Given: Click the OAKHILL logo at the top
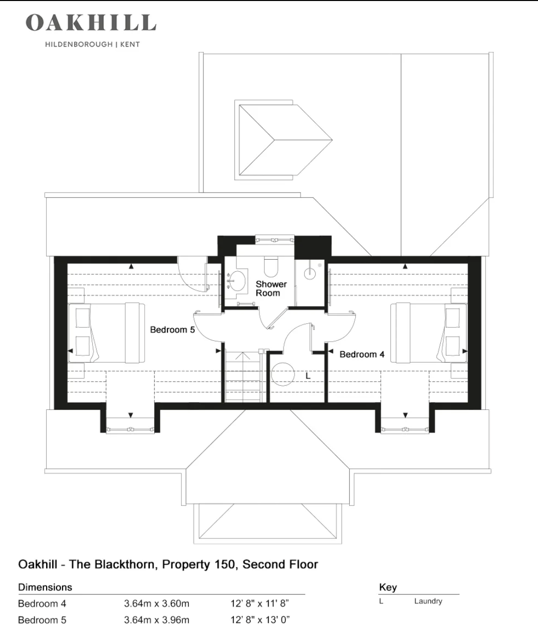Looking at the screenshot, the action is (x=91, y=23).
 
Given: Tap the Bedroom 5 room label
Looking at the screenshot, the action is (x=172, y=330).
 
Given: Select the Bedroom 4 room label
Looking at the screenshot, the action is (x=362, y=354).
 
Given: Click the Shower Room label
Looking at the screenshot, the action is (x=271, y=288).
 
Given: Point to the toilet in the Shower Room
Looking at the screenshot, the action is (x=271, y=267).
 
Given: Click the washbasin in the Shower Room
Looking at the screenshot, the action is (x=237, y=281).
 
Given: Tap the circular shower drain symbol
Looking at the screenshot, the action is (x=310, y=273).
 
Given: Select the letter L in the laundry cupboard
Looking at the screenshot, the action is (x=308, y=375).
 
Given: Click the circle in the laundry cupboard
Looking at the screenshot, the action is (x=283, y=374).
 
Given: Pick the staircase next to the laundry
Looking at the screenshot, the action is (x=243, y=377).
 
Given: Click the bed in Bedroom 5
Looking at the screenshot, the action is (x=106, y=333).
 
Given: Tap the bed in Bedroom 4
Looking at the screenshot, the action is (x=429, y=333).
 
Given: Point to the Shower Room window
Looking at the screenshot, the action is (x=275, y=240).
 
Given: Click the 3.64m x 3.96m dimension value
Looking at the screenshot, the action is (x=157, y=619).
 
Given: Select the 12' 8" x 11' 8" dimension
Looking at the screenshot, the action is (x=260, y=603).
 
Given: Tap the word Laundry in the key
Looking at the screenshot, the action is (x=428, y=601).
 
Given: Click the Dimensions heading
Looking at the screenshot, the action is (x=45, y=587).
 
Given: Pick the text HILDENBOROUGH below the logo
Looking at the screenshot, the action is (x=79, y=45).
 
